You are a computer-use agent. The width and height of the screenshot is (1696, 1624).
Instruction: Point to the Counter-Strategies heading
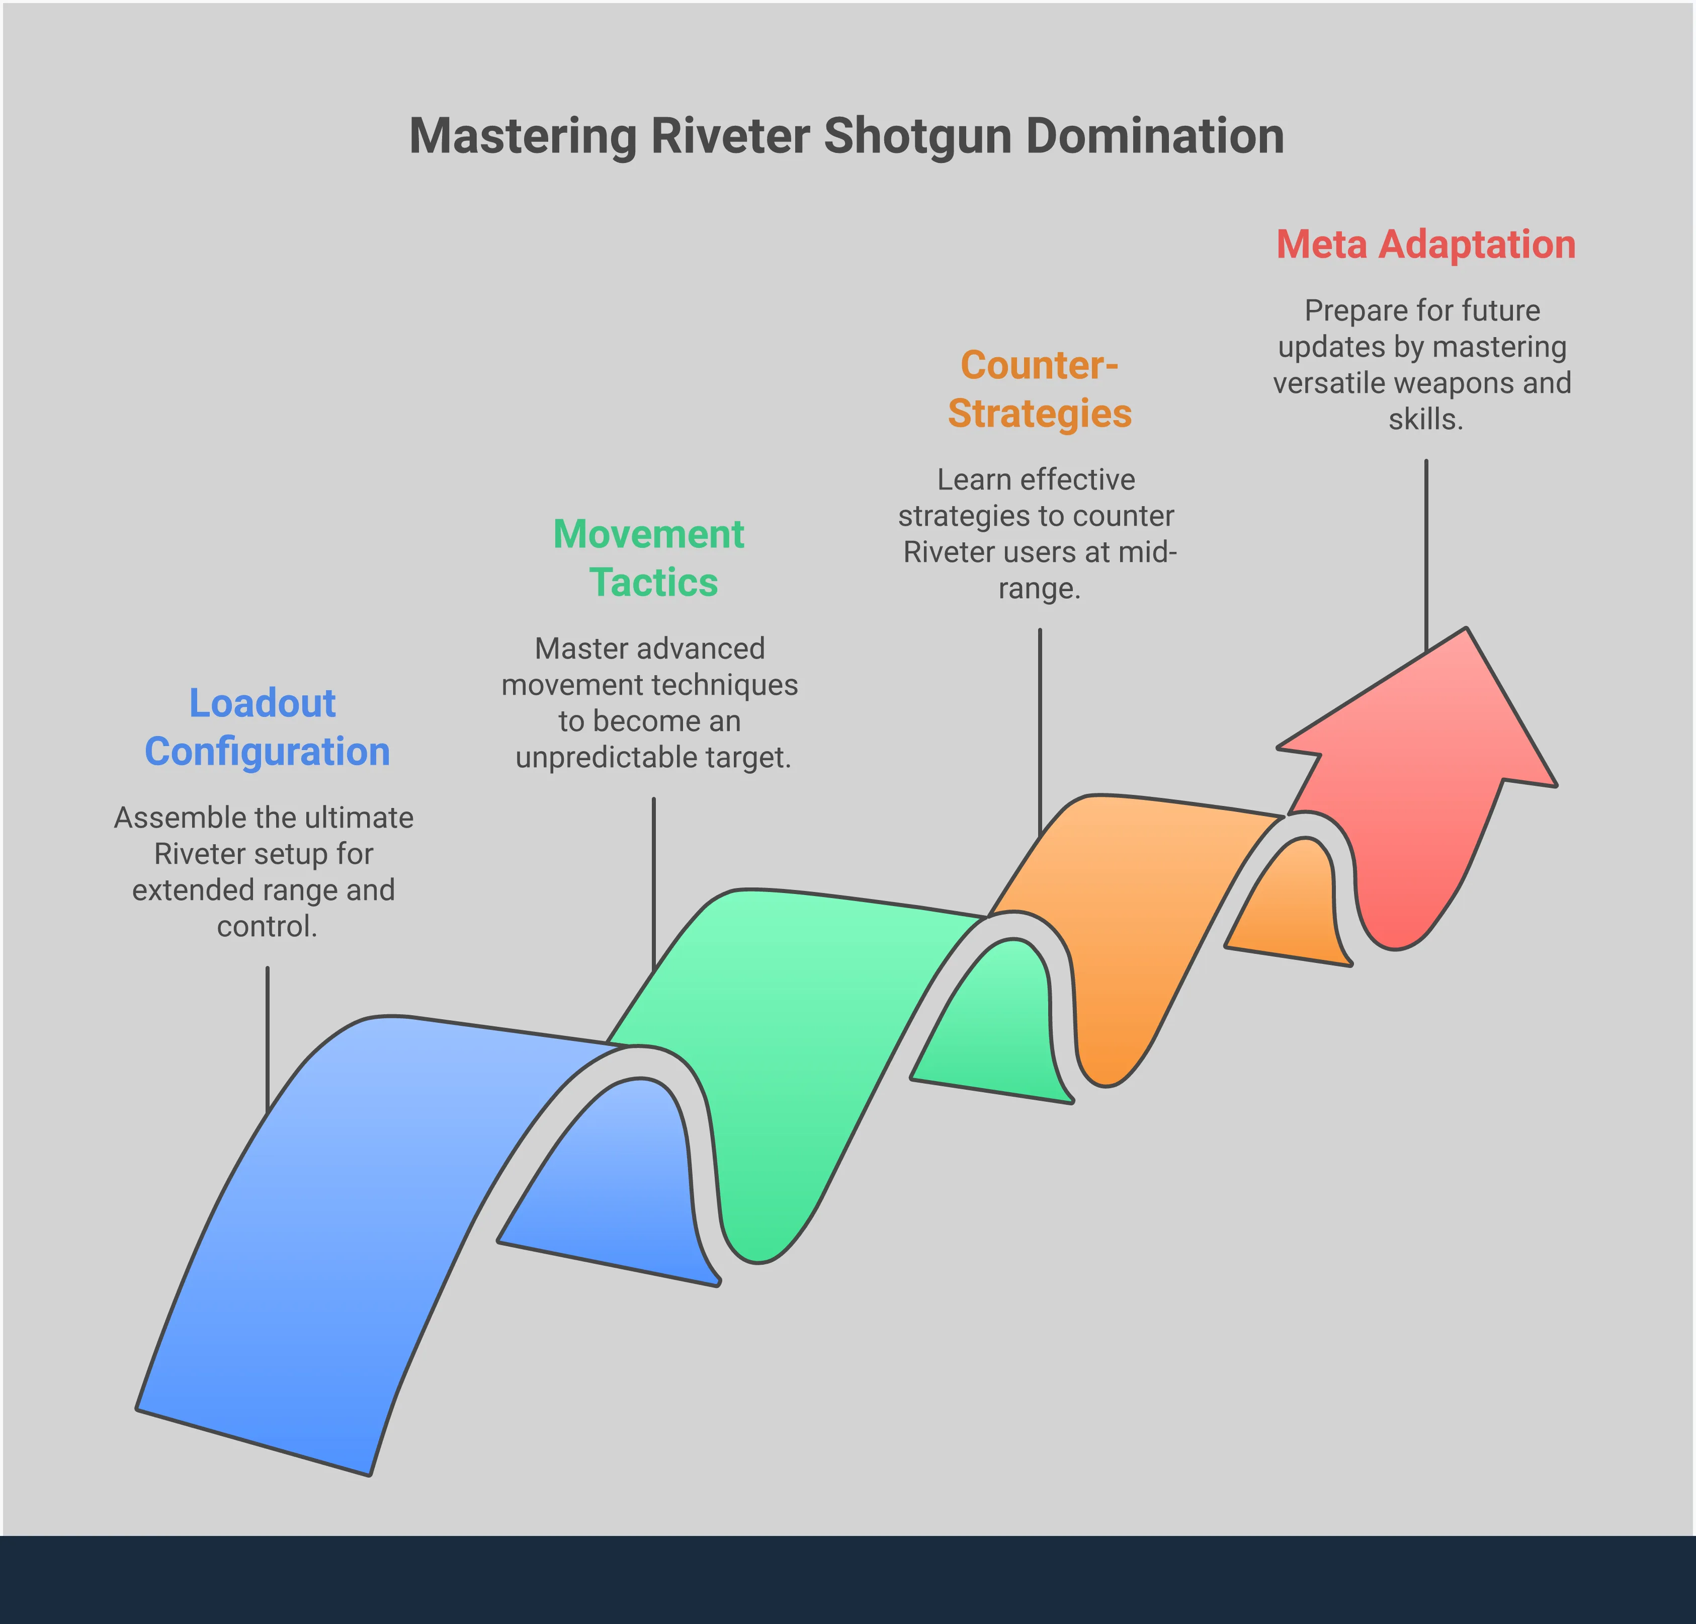tap(1039, 389)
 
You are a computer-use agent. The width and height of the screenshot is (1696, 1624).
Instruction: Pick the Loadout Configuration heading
tap(267, 726)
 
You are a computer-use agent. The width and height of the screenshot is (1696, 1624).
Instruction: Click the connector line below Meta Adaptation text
tap(1425, 554)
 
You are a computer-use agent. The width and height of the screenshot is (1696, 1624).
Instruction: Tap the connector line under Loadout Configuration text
tap(268, 1039)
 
